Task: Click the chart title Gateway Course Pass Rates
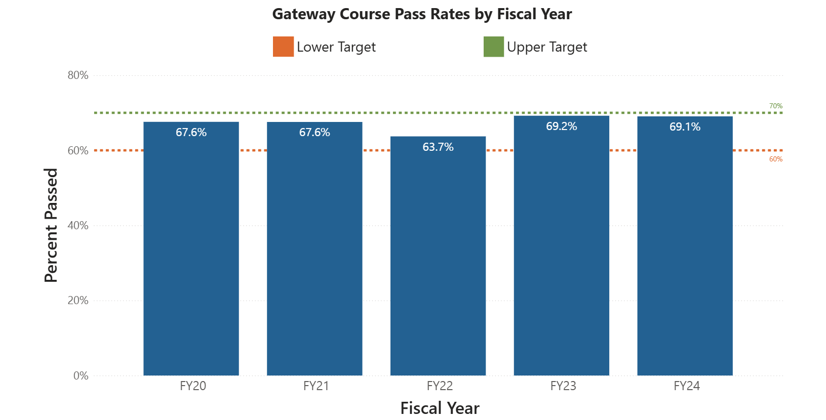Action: [422, 14]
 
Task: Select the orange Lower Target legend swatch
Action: [283, 47]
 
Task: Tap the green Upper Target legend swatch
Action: [493, 47]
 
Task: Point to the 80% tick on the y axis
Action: [78, 75]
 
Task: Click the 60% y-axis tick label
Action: [78, 151]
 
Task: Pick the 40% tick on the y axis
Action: [78, 226]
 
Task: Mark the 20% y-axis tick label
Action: [78, 301]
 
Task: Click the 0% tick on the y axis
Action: [81, 376]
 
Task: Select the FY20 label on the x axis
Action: [193, 386]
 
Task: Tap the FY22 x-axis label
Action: [440, 386]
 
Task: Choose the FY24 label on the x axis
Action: [687, 386]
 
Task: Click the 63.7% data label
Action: [438, 147]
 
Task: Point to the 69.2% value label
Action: [561, 127]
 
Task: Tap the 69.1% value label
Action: [685, 127]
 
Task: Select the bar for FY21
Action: [314, 253]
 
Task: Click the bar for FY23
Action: [561, 253]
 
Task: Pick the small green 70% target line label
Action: [775, 106]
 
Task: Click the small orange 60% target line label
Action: [775, 159]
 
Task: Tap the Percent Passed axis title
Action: [51, 225]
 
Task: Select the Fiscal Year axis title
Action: [440, 408]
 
